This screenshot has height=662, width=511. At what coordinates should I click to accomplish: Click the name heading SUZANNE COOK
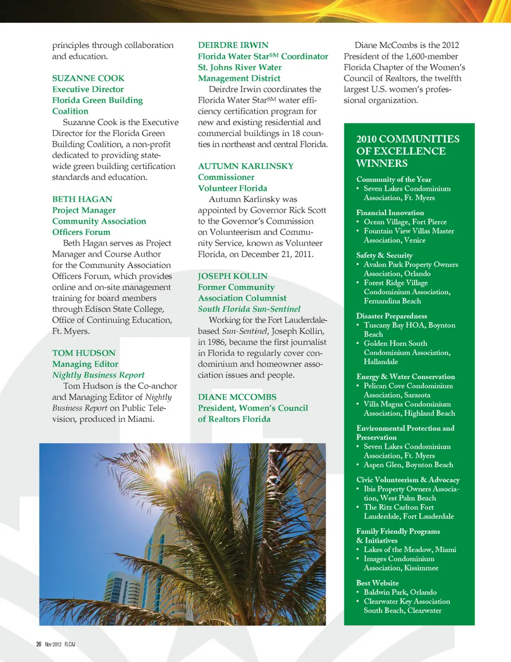point(88,78)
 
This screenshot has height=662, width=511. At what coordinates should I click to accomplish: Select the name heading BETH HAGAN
point(82,199)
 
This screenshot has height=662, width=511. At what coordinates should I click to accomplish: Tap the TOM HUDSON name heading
point(84,353)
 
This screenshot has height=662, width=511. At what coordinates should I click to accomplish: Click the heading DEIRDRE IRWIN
point(233,45)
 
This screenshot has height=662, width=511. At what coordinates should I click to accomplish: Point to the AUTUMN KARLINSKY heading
point(245,166)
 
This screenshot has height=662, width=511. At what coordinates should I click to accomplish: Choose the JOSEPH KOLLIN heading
point(233,276)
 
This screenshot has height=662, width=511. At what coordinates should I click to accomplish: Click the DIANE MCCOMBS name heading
point(237,397)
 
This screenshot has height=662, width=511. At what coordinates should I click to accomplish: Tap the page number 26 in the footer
point(39,644)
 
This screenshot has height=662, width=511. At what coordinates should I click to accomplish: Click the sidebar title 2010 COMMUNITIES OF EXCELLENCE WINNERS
point(408,151)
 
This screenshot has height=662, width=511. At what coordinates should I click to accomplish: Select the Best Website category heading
point(377,583)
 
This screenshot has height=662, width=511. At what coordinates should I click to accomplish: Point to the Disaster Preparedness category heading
point(392,316)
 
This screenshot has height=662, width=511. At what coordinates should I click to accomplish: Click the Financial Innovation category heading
point(390,213)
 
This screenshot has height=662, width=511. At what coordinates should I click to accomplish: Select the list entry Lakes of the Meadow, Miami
point(410,549)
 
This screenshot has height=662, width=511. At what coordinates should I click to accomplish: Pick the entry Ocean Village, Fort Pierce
point(405,222)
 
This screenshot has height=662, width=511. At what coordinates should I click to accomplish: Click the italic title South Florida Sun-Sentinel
point(249,309)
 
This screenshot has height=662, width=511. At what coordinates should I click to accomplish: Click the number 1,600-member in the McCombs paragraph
point(432,56)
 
